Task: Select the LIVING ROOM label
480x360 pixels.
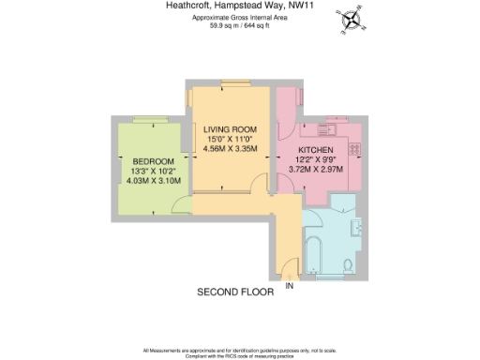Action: pos(231,128)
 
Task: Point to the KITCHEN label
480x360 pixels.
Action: pos(315,149)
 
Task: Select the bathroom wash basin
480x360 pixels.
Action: pos(357,225)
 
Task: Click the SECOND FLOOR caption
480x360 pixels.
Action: pos(234,292)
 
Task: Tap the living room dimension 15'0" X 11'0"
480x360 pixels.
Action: pos(231,139)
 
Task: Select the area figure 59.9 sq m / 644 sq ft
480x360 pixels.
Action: pos(240,26)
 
